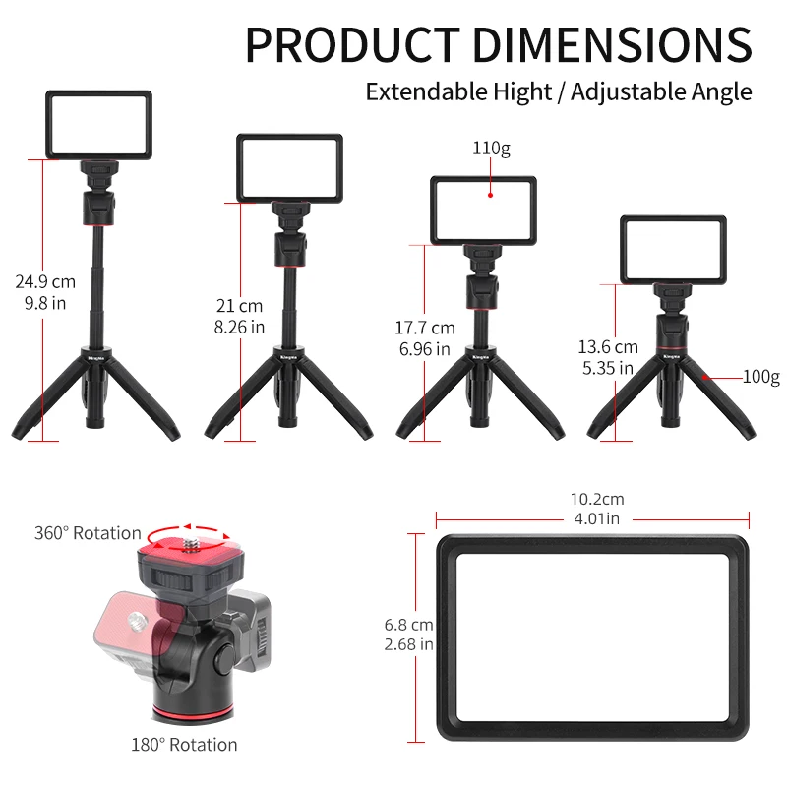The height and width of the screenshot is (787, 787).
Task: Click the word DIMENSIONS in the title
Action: (x=612, y=44)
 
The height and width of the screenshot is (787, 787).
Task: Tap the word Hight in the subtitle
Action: (x=522, y=92)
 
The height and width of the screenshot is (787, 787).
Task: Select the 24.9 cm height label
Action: (x=45, y=282)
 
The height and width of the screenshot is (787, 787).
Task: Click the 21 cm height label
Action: (x=239, y=306)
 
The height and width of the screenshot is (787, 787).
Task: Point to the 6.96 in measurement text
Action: (x=425, y=349)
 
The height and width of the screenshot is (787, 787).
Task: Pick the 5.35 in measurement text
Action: (x=608, y=368)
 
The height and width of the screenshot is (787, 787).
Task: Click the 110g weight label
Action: (x=491, y=149)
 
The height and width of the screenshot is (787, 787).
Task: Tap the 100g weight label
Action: (x=760, y=377)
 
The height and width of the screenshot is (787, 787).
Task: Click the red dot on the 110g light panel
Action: (x=490, y=195)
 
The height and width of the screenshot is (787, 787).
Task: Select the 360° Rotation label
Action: (x=88, y=533)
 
